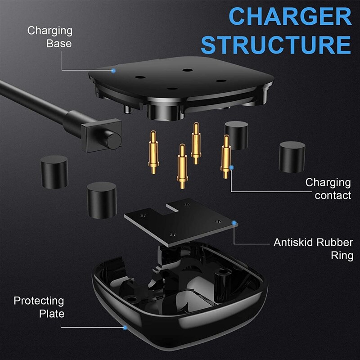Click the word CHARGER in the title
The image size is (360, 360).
[290, 16]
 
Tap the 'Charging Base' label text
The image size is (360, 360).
[50, 37]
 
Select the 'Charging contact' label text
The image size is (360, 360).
[328, 189]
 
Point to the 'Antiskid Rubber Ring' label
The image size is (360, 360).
[313, 249]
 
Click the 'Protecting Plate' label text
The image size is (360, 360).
[39, 307]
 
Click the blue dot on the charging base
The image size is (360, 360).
[113, 71]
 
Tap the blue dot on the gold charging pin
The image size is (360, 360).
[231, 167]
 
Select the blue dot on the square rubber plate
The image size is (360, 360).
[234, 222]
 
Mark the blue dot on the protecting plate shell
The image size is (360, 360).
[125, 328]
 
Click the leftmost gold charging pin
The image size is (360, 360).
[153, 152]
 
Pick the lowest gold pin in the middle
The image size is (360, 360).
[182, 166]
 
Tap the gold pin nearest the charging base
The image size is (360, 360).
[196, 143]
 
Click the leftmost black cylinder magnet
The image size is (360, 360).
[54, 172]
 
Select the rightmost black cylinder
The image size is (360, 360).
[292, 157]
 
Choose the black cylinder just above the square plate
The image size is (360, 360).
[102, 200]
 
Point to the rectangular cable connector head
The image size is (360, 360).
[101, 135]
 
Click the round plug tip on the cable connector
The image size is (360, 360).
[114, 140]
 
